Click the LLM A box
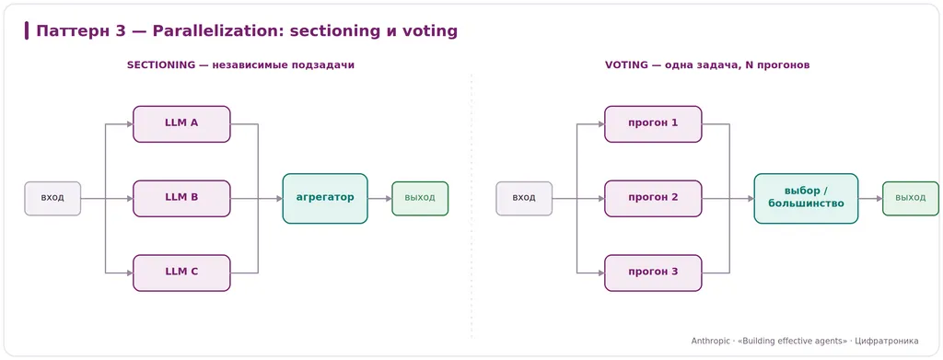181,123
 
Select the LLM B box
181,198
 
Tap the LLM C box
181,273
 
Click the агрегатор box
325,198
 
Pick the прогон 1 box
653,123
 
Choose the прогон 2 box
653,198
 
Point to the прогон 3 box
653,273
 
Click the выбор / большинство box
807,198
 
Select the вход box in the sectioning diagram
52,198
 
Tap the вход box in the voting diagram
524,198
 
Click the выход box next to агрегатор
420,198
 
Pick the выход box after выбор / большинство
911,198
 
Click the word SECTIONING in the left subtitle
161,65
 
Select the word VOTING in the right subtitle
625,65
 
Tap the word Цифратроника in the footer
887,341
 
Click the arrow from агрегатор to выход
380,198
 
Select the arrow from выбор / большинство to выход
871,198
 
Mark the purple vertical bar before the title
27,30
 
